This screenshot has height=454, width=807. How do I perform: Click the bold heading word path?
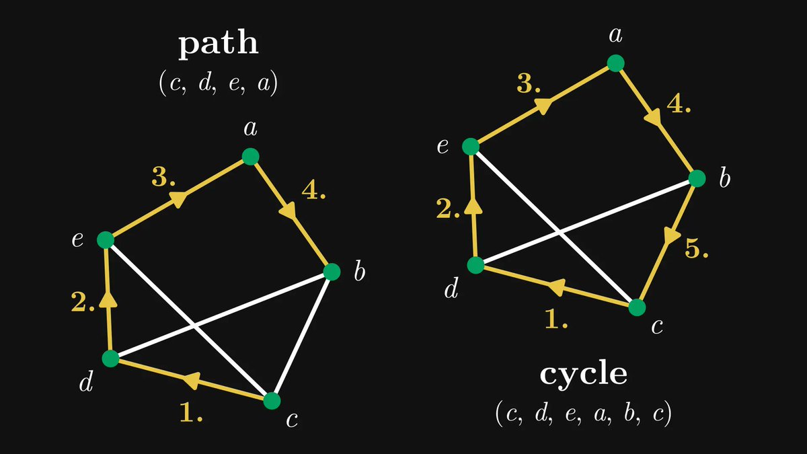(x=218, y=45)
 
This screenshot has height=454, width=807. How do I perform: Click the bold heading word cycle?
(x=583, y=374)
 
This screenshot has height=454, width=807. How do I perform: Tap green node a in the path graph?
(x=250, y=157)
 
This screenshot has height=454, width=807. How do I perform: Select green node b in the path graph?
(x=332, y=272)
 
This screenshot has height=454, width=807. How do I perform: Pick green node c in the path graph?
(x=272, y=401)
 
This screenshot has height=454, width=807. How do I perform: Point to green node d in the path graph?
(x=110, y=358)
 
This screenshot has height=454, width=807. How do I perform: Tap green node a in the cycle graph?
(x=615, y=63)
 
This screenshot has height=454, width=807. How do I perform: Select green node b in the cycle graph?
(x=697, y=179)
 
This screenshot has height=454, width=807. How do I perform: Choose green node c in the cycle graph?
(x=637, y=307)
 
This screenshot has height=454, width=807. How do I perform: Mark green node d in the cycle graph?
(x=476, y=265)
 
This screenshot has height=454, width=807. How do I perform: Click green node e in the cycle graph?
(x=471, y=147)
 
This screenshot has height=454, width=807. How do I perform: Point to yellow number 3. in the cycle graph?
(x=529, y=84)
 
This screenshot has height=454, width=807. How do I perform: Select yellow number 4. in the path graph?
(x=314, y=191)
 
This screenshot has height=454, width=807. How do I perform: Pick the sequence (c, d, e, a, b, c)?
(x=583, y=412)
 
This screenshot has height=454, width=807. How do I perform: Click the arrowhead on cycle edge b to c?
(x=670, y=235)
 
